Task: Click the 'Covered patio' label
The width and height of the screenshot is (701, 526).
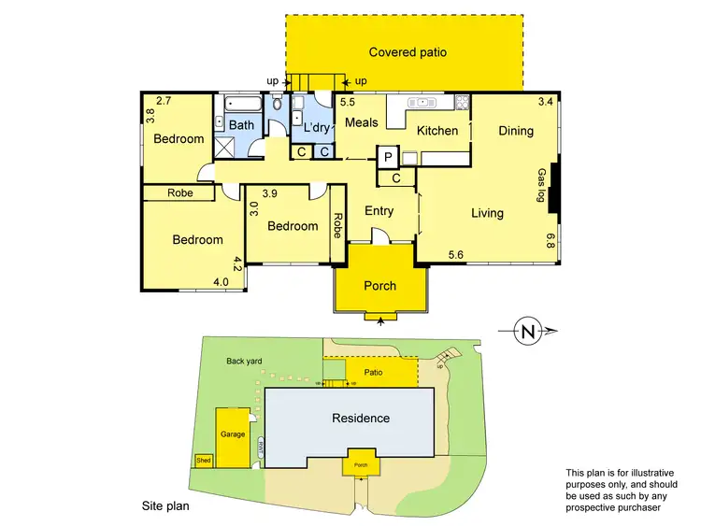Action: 407,53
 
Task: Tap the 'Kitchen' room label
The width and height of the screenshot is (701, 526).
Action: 437,131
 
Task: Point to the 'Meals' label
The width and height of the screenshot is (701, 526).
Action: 361,122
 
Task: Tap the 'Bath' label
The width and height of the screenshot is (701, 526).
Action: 241,125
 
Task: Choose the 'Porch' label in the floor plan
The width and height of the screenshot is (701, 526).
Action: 379,286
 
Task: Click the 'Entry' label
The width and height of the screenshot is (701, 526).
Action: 379,211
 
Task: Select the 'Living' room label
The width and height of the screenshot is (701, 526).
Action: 487,213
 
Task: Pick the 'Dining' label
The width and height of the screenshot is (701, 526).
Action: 515,131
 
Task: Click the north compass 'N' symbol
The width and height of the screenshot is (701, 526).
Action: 529,330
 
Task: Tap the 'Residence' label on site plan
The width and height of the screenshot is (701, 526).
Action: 361,418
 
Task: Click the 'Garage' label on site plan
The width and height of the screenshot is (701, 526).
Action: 232,434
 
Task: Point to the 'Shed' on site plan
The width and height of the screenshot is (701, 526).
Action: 203,460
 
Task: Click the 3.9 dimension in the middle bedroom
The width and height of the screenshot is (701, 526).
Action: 270,194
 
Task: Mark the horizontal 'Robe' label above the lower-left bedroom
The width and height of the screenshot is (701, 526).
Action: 180,193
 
